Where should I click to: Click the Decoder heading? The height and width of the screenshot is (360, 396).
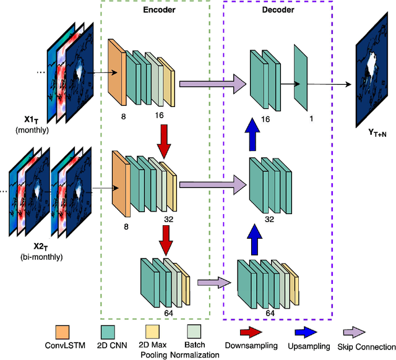pyautogui.click(x=278, y=10)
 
